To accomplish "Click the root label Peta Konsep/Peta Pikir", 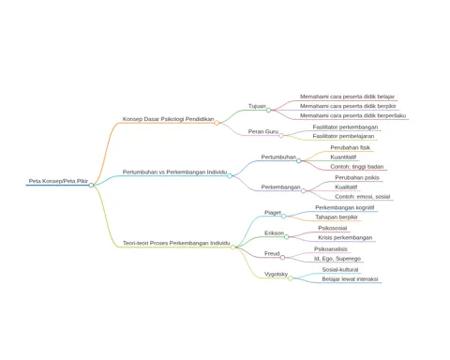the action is point(58,181).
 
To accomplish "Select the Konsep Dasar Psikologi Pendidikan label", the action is point(168,119).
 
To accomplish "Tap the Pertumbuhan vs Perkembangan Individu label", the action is point(174,172).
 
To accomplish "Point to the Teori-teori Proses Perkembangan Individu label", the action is point(176,243).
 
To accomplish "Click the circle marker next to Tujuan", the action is point(268,110).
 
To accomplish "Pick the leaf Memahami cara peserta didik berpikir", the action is point(348,106).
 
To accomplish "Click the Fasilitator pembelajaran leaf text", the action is point(343,136).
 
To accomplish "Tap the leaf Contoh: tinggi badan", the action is point(356,167).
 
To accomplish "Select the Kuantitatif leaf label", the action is point(343,157).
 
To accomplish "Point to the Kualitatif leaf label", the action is point(346,187).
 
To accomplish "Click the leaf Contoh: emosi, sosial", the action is point(362,197).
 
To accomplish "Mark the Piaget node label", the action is point(273,213).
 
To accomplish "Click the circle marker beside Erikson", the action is point(287,237).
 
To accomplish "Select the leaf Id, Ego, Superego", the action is point(337,259).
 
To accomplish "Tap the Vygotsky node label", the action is point(276,274).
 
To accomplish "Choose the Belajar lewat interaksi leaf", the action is point(350,279).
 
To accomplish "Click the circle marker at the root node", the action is point(91,186).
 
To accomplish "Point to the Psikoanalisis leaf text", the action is point(331,249).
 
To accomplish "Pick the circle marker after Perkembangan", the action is point(304,191).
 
